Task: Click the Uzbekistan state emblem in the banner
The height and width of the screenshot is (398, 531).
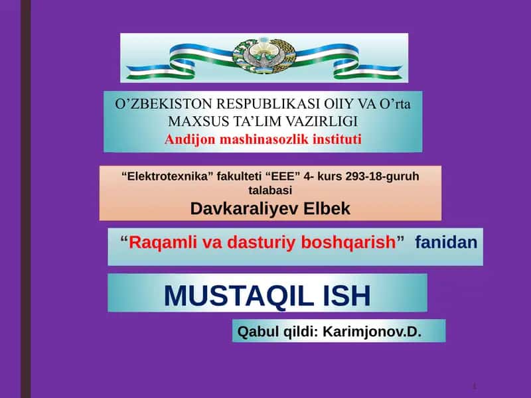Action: pyautogui.click(x=264, y=56)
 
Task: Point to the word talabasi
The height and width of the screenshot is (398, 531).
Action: pyautogui.click(x=270, y=190)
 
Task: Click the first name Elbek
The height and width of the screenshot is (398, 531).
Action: pyautogui.click(x=327, y=208)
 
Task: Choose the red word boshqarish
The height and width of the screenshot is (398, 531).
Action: pyautogui.click(x=348, y=243)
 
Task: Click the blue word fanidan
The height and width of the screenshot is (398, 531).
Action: pyautogui.click(x=446, y=242)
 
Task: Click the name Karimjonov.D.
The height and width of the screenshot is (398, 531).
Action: pyautogui.click(x=372, y=332)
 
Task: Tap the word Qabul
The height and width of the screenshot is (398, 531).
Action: pyautogui.click(x=259, y=332)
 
